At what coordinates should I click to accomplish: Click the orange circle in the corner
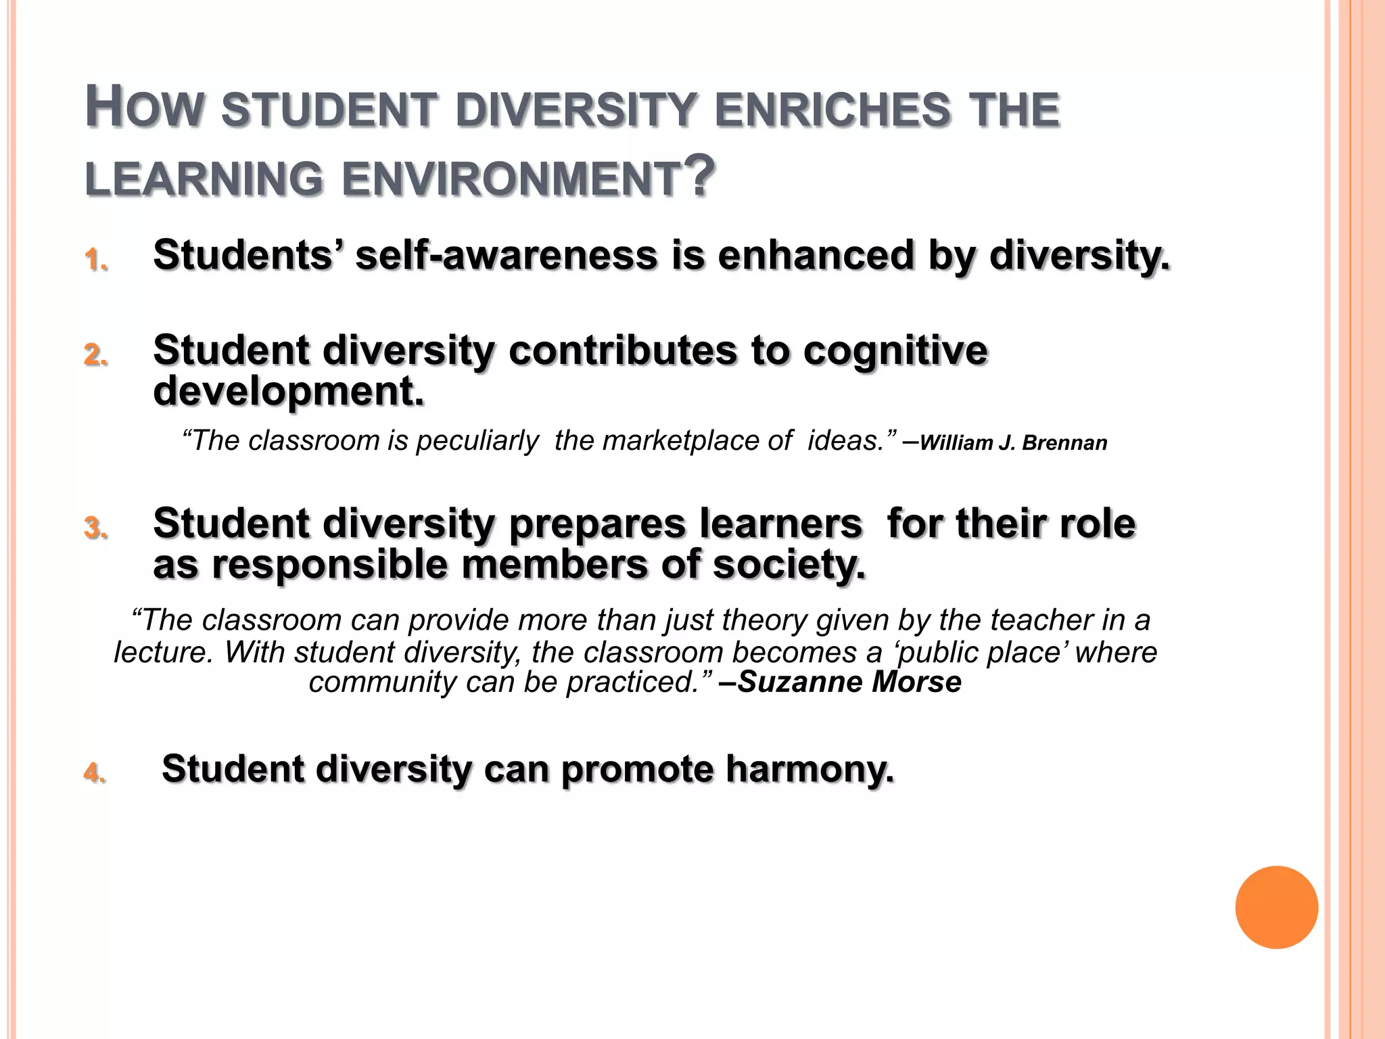point(1276,907)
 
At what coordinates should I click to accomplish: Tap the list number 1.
point(95,260)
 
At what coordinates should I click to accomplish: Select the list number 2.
point(95,354)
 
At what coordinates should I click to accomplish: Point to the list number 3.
point(95,528)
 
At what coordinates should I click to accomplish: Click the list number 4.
point(95,772)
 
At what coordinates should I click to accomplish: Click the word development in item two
point(289,391)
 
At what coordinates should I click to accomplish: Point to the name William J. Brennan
point(1013,443)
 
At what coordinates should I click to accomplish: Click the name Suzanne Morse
point(849,682)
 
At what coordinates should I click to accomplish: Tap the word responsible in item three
point(329,564)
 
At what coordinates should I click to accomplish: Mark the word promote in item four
point(637,769)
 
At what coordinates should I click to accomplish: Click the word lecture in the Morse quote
point(163,652)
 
